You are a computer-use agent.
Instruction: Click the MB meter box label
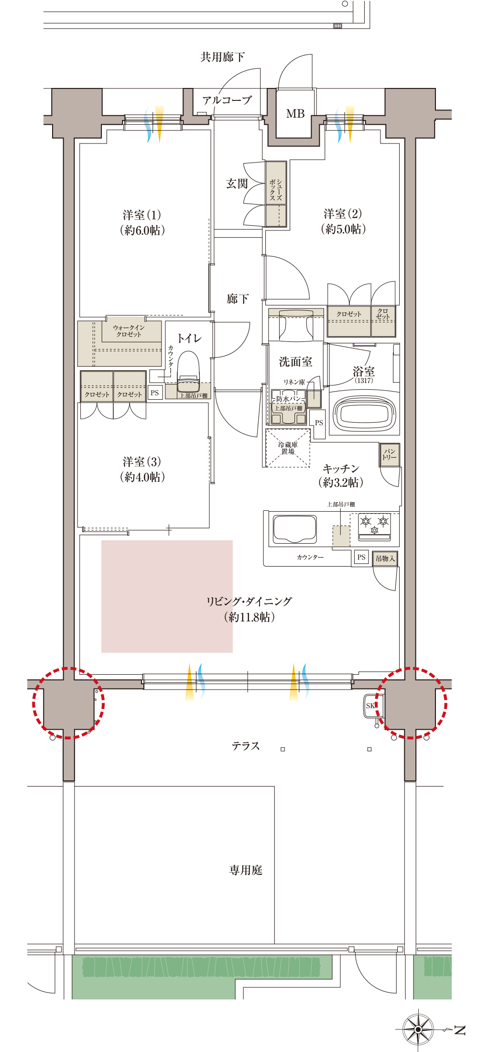coord(295,114)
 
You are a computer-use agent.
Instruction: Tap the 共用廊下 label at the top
coord(223,57)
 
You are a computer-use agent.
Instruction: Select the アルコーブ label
coord(227,100)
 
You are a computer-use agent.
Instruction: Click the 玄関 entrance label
coord(237,184)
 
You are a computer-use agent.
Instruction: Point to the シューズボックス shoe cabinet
coord(276,194)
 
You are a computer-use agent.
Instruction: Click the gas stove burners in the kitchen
coord(374,524)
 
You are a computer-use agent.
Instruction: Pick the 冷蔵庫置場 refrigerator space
coord(288,448)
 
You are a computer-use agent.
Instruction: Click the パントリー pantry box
coord(389,455)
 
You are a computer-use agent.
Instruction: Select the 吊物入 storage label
coord(385,559)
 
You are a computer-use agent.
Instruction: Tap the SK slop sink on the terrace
coord(370,705)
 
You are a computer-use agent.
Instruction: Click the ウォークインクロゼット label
coord(129,331)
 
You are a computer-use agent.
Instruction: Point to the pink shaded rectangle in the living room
coord(167,596)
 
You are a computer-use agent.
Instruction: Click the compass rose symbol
coord(418,1029)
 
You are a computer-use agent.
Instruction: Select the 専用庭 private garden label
coord(246,870)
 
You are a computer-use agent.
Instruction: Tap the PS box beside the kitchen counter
coord(361,557)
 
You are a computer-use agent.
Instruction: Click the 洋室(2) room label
coord(343,221)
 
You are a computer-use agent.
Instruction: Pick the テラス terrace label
coord(246,746)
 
